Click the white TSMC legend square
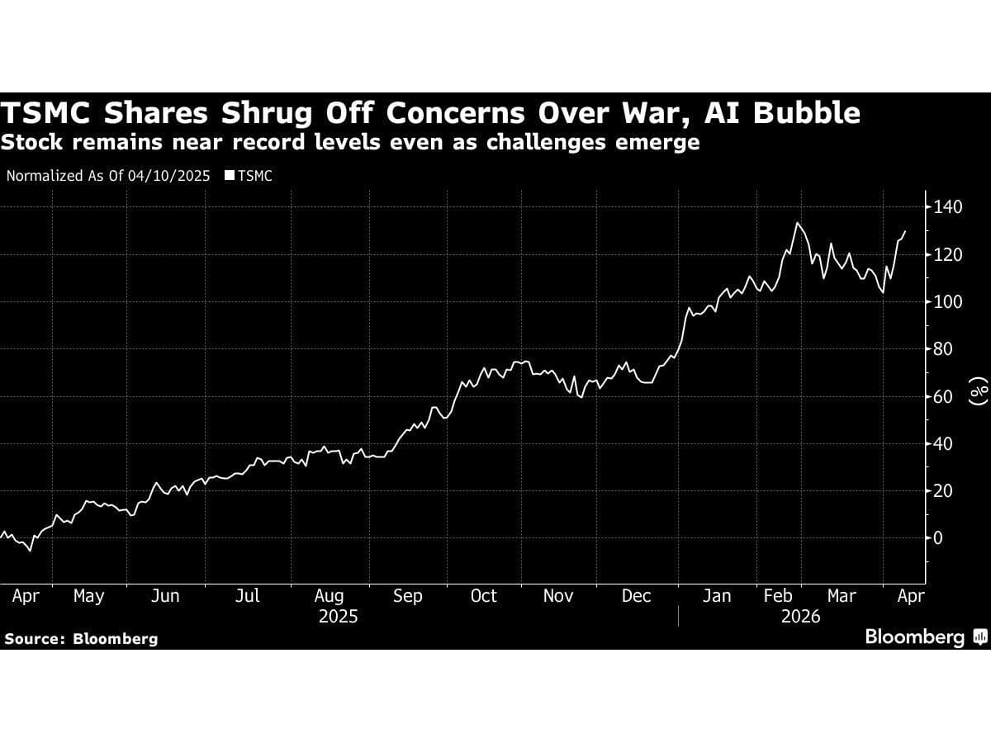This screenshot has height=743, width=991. (x=230, y=176)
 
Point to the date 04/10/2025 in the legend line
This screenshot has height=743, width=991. (x=168, y=176)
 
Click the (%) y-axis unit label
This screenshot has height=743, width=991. (x=979, y=392)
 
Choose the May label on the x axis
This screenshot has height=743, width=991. (x=88, y=596)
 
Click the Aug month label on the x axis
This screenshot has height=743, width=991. (x=329, y=596)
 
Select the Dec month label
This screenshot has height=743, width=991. (x=636, y=596)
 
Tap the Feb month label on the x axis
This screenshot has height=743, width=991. (x=778, y=596)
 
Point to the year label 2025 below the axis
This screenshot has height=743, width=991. (x=338, y=617)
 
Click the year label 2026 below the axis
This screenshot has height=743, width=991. (x=800, y=617)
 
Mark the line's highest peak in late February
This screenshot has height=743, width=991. (x=797, y=223)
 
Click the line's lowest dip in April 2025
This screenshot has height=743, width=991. (x=31, y=551)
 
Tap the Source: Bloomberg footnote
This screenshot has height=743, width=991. (x=81, y=639)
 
